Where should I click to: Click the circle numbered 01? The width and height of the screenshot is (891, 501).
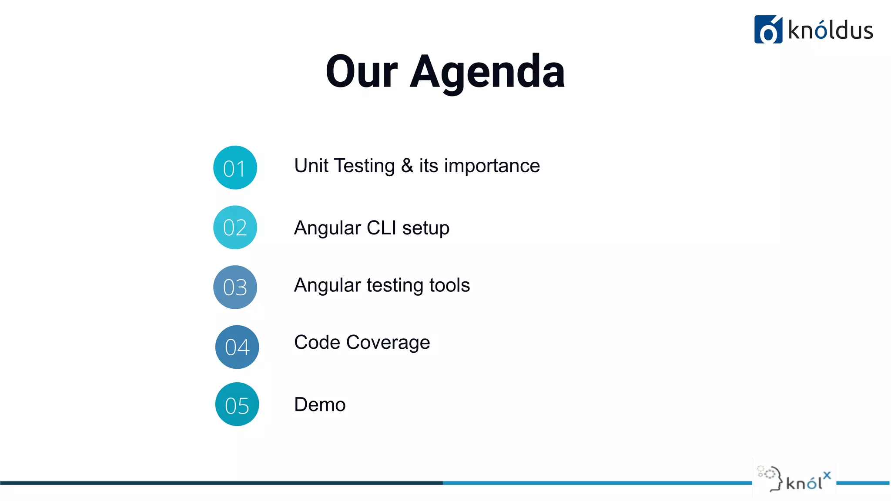click(x=235, y=167)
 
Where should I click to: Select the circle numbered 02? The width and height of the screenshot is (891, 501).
click(x=235, y=227)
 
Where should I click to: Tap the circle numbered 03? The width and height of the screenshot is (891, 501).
click(x=235, y=287)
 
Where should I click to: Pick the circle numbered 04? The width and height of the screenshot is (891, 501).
click(x=237, y=347)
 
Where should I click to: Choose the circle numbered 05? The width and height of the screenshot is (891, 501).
click(x=237, y=404)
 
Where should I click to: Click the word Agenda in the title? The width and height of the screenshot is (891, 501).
click(x=487, y=72)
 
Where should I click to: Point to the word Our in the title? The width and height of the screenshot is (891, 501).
click(x=362, y=72)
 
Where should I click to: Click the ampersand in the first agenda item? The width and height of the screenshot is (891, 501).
click(x=407, y=166)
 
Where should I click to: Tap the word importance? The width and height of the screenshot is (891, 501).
click(x=492, y=166)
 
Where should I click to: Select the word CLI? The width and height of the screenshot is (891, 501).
click(x=381, y=228)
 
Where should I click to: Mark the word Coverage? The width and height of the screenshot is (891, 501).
click(x=388, y=343)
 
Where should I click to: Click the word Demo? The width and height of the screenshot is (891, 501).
click(x=320, y=404)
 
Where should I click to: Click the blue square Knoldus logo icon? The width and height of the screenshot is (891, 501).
click(x=768, y=30)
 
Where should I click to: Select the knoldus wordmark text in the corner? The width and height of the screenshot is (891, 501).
click(x=831, y=31)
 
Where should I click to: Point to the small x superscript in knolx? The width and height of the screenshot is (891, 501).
click(x=827, y=475)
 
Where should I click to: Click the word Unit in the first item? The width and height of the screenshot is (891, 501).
click(x=311, y=166)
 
